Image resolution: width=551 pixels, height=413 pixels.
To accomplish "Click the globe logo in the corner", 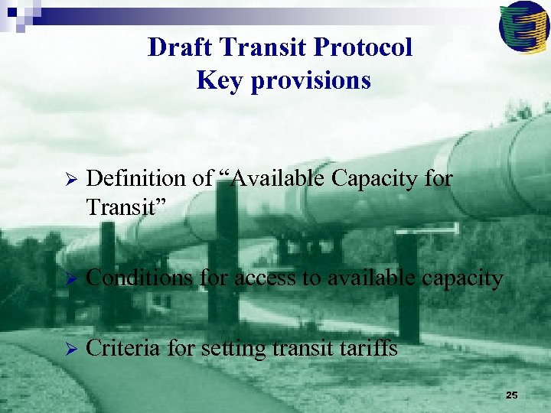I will [523, 25].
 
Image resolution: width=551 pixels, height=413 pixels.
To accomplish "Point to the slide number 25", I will [512, 395].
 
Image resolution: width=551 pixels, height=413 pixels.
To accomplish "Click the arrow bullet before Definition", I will [67, 180].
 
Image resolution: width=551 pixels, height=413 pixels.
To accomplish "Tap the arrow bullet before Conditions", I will [67, 279].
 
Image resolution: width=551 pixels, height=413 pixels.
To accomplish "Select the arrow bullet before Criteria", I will [67, 350].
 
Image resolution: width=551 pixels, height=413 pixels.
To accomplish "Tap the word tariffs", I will [372, 349].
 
